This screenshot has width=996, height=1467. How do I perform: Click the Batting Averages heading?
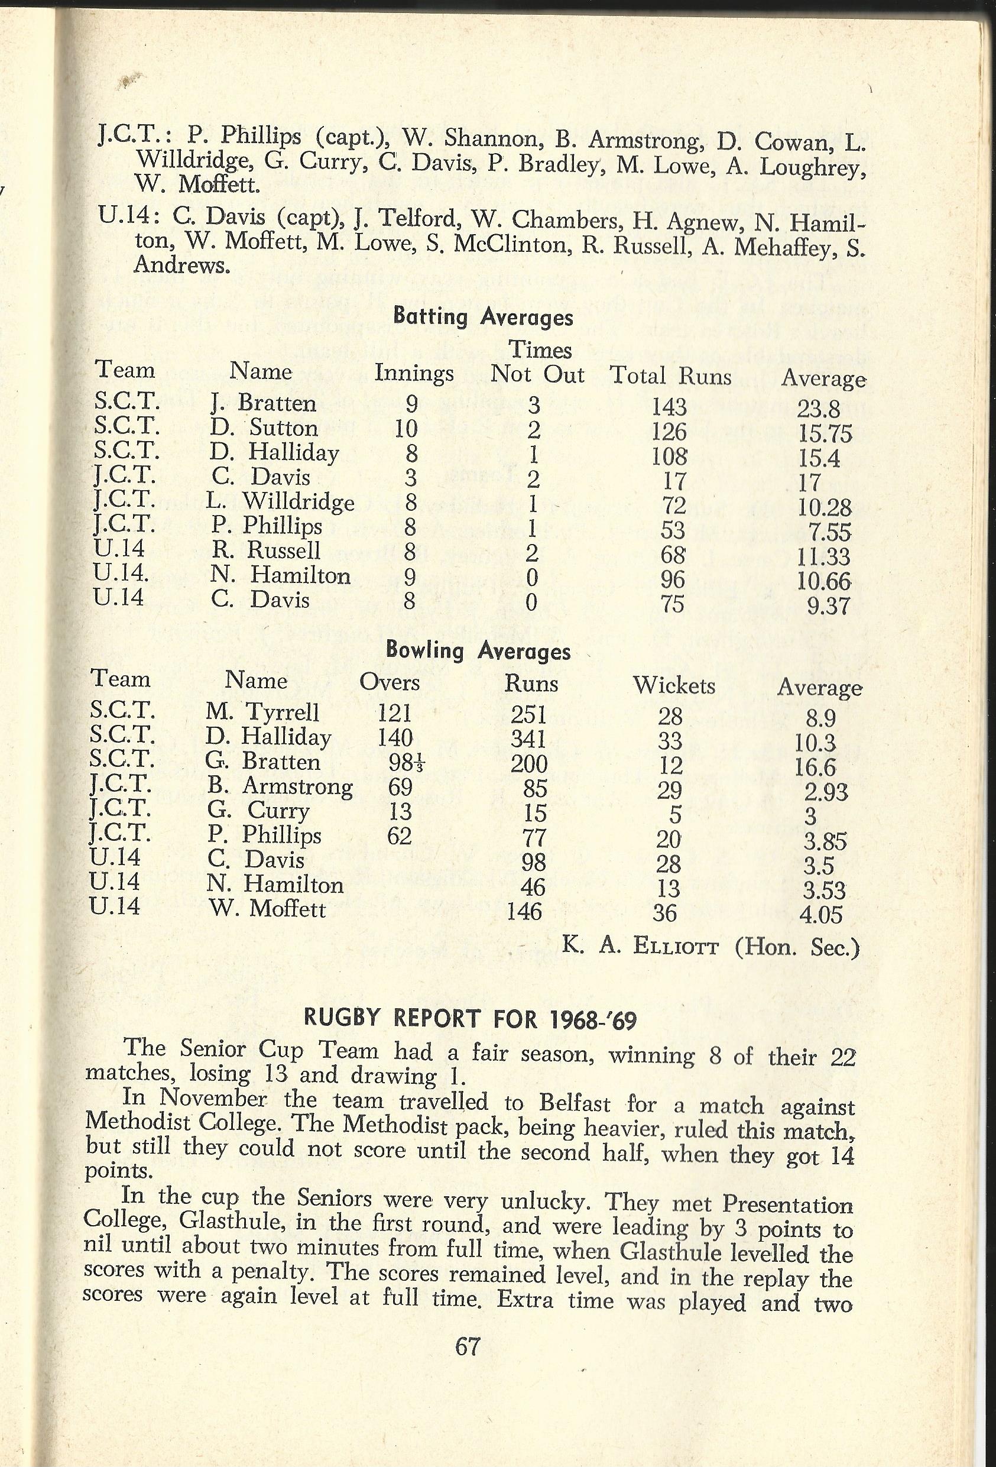tap(483, 316)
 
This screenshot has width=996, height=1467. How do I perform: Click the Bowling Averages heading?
tap(478, 651)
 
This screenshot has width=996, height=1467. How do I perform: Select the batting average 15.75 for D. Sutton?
tap(825, 433)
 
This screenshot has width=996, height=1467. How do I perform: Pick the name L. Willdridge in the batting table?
tap(280, 502)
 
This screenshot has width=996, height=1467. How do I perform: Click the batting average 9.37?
tap(829, 606)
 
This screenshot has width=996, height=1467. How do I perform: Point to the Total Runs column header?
tap(670, 376)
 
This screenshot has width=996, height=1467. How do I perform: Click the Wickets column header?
tap(674, 685)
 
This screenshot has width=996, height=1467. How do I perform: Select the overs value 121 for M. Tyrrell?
tap(394, 713)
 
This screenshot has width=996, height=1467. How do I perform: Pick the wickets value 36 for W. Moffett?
tap(664, 913)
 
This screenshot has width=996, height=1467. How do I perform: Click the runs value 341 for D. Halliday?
tap(528, 739)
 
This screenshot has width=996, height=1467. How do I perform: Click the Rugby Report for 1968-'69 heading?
tap(471, 1019)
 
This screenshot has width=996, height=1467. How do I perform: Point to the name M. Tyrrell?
tap(262, 713)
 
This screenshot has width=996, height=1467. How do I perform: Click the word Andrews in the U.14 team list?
tap(182, 265)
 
